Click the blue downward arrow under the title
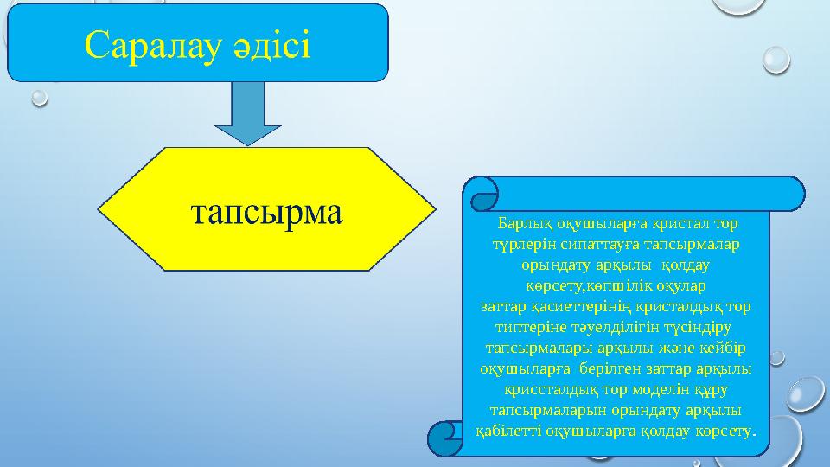click(250, 112)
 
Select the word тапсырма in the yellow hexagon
click(266, 211)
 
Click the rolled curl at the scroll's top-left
click(481, 194)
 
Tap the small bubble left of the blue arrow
click(39, 98)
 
